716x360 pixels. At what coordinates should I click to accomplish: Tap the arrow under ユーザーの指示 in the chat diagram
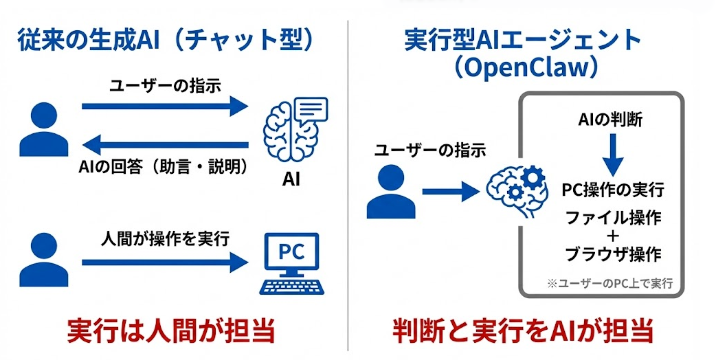coord(165,106)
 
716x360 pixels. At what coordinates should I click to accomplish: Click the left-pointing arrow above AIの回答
coord(165,144)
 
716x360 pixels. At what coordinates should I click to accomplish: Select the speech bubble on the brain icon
coord(311,111)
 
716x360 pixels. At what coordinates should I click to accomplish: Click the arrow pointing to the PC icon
coord(165,262)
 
